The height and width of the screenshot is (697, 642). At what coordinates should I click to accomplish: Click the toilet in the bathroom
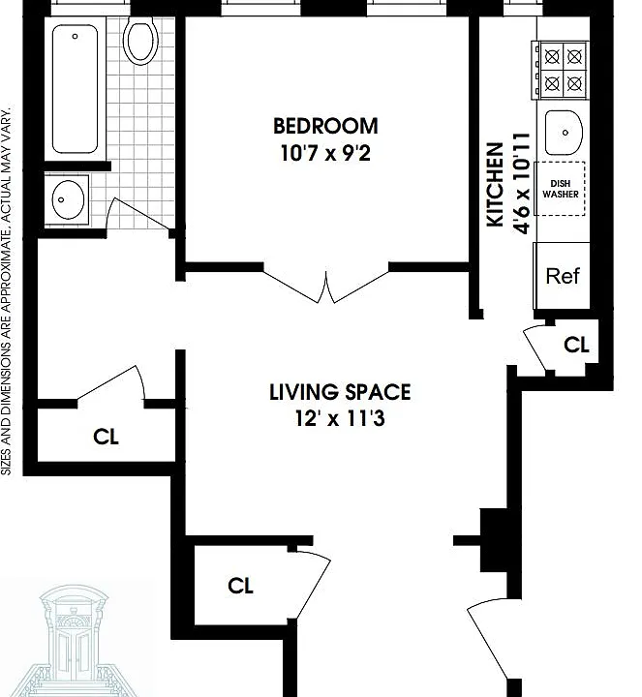tap(140, 39)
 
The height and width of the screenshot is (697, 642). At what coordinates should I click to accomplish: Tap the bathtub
tap(76, 89)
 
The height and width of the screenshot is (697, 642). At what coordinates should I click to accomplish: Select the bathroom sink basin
tap(68, 199)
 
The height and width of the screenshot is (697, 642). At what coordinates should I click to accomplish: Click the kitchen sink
tap(564, 133)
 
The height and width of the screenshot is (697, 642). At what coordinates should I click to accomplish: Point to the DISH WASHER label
tap(561, 189)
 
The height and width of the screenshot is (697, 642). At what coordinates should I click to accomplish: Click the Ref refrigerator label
tap(563, 276)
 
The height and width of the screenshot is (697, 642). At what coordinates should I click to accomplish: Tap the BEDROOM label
tap(325, 126)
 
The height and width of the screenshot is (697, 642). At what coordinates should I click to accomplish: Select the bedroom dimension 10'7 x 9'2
tap(325, 153)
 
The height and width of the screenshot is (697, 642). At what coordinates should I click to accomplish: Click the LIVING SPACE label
tap(340, 392)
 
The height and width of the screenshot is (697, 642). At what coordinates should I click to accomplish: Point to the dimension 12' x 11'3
tap(340, 418)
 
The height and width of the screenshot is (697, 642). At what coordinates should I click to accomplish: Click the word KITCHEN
tap(495, 185)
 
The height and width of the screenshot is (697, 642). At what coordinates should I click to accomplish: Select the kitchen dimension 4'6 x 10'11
tap(522, 183)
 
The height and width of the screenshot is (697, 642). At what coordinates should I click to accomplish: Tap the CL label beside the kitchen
tap(577, 345)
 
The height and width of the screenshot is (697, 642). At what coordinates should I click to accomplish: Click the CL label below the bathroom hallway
tap(106, 437)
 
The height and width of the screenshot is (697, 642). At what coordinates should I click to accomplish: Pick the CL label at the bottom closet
tap(240, 586)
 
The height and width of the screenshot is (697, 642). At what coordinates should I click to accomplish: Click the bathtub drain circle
tap(75, 37)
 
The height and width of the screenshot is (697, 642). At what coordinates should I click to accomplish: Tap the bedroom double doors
tap(326, 285)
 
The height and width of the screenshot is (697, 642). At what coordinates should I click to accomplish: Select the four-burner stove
tap(561, 70)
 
